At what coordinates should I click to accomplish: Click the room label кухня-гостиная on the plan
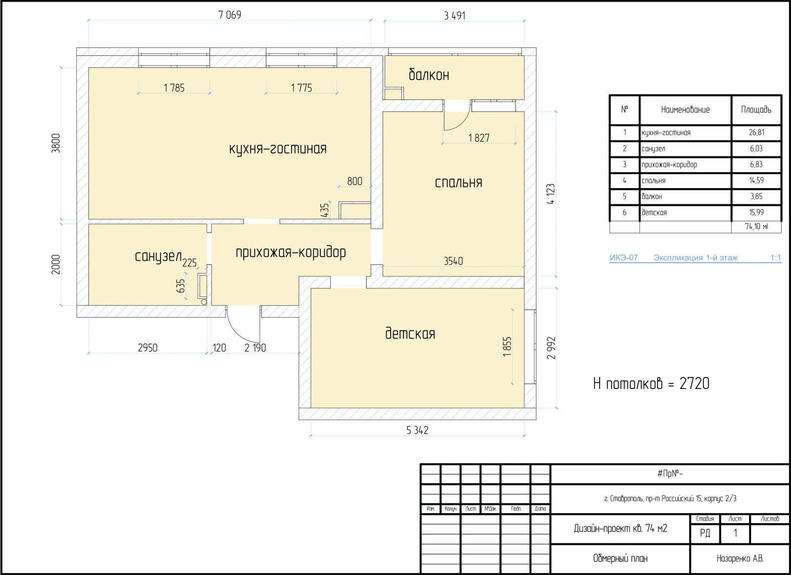pyautogui.click(x=278, y=149)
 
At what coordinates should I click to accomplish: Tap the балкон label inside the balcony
pyautogui.click(x=429, y=75)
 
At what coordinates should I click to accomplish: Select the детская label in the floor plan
pyautogui.click(x=410, y=333)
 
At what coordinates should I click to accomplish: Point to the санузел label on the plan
pyautogui.click(x=158, y=256)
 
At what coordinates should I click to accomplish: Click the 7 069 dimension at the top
pyautogui.click(x=229, y=15)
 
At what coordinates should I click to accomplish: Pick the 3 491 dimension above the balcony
pyautogui.click(x=455, y=15)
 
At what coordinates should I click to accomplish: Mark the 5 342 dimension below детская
pyautogui.click(x=417, y=430)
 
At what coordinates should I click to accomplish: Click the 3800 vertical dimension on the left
pyautogui.click(x=56, y=143)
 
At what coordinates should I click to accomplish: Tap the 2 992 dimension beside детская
pyautogui.click(x=551, y=348)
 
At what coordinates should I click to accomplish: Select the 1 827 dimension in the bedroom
pyautogui.click(x=479, y=138)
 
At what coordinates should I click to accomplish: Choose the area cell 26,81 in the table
pyautogui.click(x=756, y=133)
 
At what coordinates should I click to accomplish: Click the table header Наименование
pyautogui.click(x=685, y=109)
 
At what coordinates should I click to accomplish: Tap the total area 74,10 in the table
pyautogui.click(x=756, y=226)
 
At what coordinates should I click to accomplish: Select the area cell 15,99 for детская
pyautogui.click(x=756, y=212)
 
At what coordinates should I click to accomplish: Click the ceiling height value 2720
pyautogui.click(x=694, y=383)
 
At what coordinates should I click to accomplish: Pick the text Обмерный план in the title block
pyautogui.click(x=620, y=558)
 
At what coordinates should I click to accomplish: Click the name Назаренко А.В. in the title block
pyautogui.click(x=740, y=558)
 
